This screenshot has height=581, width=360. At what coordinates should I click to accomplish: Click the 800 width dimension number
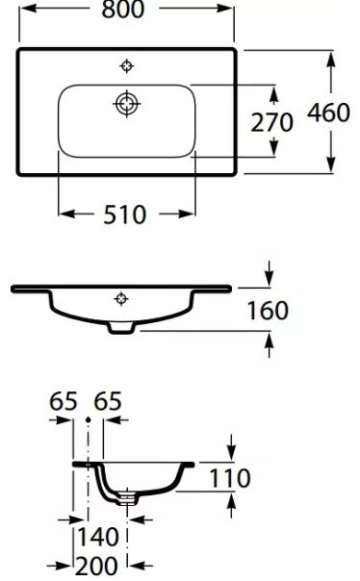122,9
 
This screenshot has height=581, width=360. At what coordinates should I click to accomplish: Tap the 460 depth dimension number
328,113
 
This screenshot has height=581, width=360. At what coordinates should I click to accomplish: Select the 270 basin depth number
271,123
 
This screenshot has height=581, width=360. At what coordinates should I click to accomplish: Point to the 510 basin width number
125,215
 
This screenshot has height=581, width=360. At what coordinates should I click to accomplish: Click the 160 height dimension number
268,311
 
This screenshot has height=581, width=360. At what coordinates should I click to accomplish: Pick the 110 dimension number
230,478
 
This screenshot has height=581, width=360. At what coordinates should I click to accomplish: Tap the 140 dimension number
98,537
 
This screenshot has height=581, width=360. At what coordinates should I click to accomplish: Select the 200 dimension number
97,566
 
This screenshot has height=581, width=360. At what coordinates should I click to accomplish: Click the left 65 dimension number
64,401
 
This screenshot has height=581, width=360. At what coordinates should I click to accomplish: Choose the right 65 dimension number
108,401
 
